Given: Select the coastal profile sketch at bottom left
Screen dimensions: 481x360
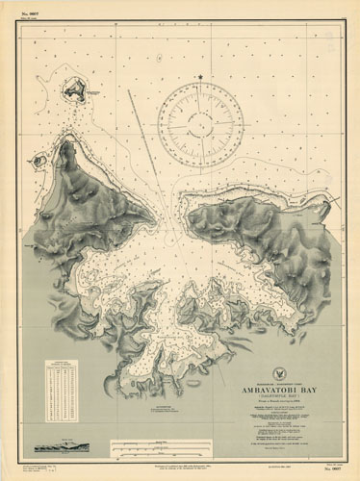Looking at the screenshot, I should click(63, 448).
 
